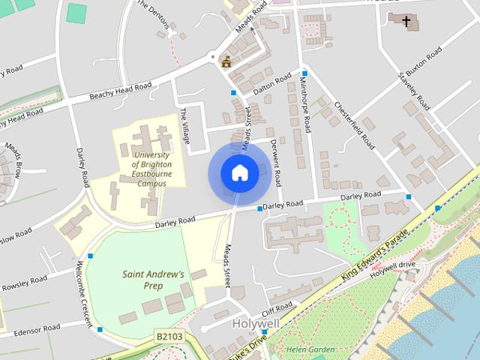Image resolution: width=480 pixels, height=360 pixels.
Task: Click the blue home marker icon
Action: (239, 173)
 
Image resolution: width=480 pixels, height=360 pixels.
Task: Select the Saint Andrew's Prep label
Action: (153, 279)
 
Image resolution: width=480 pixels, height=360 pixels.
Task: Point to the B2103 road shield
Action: (170, 337)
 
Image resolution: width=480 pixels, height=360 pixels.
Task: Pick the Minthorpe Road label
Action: (308, 104)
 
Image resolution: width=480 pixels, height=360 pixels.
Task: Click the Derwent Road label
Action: (276, 161)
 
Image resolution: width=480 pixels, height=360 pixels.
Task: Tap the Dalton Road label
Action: (272, 85)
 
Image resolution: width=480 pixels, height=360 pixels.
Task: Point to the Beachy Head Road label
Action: (120, 91)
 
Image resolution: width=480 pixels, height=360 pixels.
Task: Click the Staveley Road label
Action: (418, 89)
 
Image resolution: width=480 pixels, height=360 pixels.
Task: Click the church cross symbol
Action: (408, 22)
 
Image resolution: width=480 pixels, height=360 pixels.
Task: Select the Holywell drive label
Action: (397, 264)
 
